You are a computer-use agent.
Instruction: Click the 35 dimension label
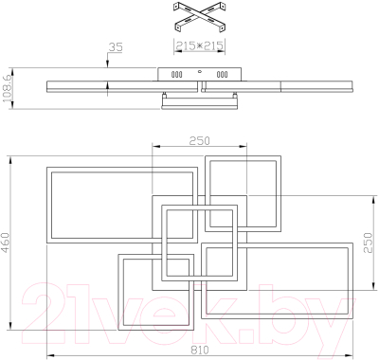tap(117, 46)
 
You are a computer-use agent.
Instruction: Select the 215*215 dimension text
tap(198, 45)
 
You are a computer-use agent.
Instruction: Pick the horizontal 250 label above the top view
tap(198, 140)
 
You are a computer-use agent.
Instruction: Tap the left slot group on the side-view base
tap(176, 74)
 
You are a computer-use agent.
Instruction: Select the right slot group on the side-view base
tap(224, 74)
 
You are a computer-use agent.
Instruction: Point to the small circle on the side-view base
tap(200, 71)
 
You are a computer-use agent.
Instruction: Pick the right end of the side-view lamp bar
tap(355, 87)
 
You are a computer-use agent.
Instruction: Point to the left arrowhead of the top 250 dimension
tap(155, 146)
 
